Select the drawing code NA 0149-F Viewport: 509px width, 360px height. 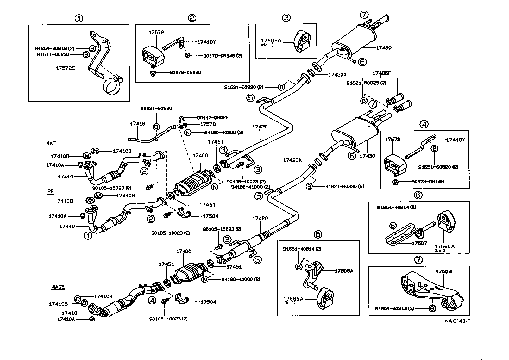(457, 321)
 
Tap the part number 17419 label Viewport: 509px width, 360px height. (138, 124)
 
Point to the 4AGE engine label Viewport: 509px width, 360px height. (58, 287)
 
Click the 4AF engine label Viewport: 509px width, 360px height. (51, 143)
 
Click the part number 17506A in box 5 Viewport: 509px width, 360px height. (344, 270)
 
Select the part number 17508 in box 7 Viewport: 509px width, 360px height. (443, 271)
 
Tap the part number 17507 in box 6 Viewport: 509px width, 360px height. (419, 243)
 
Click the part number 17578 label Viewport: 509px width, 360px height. (208, 124)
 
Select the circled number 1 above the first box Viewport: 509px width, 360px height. (79, 18)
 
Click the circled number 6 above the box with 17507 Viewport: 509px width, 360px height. (418, 195)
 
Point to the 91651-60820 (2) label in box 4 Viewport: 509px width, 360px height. (438, 167)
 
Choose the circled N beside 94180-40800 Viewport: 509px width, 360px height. (188, 133)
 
